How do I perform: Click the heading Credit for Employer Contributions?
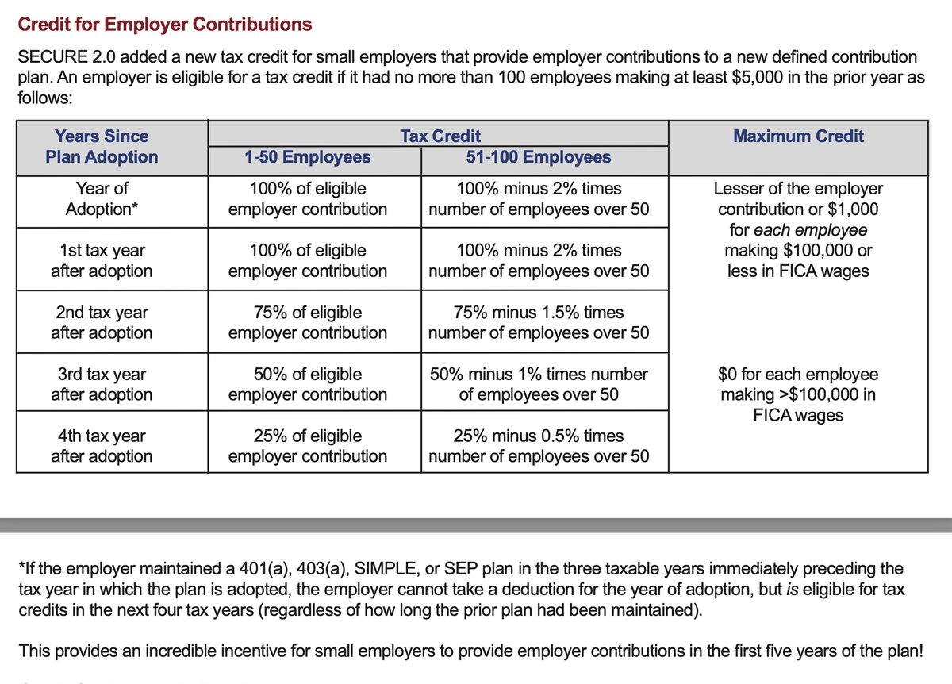[x=165, y=25]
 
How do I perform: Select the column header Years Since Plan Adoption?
[x=102, y=147]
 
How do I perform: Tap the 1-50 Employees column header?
[x=307, y=157]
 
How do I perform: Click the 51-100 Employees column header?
[x=539, y=157]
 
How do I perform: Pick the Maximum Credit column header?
[x=798, y=136]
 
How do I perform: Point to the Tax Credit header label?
[x=440, y=136]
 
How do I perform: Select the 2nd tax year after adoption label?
[x=102, y=323]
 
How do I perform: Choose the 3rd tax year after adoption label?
[x=102, y=384]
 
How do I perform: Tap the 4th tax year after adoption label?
[x=102, y=446]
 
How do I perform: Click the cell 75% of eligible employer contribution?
[x=308, y=323]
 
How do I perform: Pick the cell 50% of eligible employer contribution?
[x=308, y=384]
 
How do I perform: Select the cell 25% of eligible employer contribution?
[x=308, y=446]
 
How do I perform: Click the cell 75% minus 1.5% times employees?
[x=539, y=323]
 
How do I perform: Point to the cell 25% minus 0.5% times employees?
[x=539, y=446]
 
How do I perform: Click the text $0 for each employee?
[x=797, y=374]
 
